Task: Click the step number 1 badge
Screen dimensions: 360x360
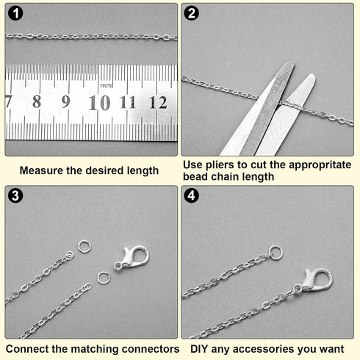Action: [15, 13]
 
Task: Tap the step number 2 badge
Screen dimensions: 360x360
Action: [191, 13]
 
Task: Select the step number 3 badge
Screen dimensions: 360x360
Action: [15, 195]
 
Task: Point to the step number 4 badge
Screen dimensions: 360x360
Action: [191, 195]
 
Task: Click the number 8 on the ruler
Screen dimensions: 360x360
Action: [37, 101]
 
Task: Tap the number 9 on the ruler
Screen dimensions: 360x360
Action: [65, 101]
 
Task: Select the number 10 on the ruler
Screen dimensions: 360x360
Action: [99, 103]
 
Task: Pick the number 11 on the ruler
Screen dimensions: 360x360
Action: [128, 102]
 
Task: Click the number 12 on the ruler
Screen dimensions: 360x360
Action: [159, 102]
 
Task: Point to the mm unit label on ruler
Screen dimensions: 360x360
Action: [106, 86]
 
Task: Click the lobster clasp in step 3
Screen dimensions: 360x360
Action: [132, 259]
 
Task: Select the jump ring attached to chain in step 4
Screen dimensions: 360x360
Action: [276, 252]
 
